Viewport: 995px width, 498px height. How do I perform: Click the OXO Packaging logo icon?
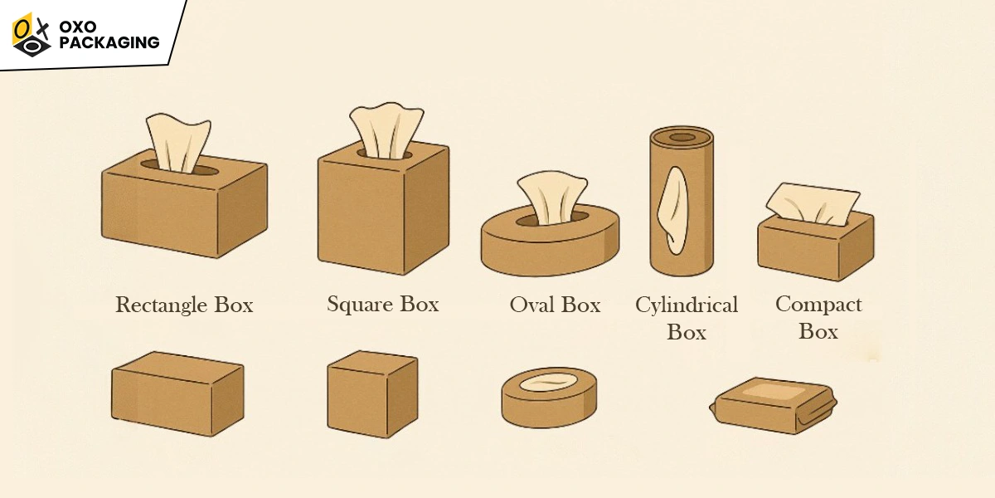click(32, 35)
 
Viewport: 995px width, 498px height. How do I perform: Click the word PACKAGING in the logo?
click(109, 42)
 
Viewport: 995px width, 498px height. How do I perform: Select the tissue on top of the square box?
click(386, 131)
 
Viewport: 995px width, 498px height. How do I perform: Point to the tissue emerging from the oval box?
click(552, 198)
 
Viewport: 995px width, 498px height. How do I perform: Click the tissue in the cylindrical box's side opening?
click(673, 210)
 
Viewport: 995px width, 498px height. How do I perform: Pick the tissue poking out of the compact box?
click(813, 204)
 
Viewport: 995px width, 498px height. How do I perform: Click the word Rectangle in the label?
click(163, 306)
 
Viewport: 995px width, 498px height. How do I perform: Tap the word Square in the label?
click(360, 305)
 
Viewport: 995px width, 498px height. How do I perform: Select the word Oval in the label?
click(531, 305)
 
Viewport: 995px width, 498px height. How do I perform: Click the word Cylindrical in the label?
click(687, 305)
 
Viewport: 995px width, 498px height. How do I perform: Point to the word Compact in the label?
click(818, 305)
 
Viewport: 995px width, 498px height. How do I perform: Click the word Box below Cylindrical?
click(687, 332)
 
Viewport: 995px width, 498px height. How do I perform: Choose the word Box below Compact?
click(818, 331)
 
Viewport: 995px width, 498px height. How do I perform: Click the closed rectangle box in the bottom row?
click(177, 393)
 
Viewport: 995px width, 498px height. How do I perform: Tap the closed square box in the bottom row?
click(372, 394)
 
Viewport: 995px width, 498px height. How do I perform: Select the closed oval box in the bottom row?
click(549, 398)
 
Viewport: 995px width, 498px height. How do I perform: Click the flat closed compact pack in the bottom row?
click(774, 406)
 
